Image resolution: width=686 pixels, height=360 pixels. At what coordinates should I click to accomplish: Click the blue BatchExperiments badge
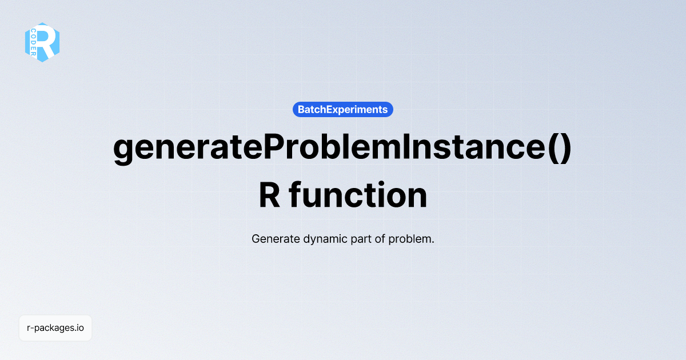(x=342, y=109)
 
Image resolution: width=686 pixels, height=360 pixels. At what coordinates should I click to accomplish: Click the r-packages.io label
(x=55, y=328)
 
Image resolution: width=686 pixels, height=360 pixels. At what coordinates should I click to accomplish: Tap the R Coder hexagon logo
(x=42, y=42)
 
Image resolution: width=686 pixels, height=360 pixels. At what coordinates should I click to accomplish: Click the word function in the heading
(x=358, y=195)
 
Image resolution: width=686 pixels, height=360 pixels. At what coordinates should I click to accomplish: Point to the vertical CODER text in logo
(x=34, y=42)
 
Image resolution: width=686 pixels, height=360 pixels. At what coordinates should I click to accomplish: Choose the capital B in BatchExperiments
(x=301, y=109)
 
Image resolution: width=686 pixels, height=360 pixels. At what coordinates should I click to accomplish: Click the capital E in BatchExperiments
(x=328, y=109)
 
